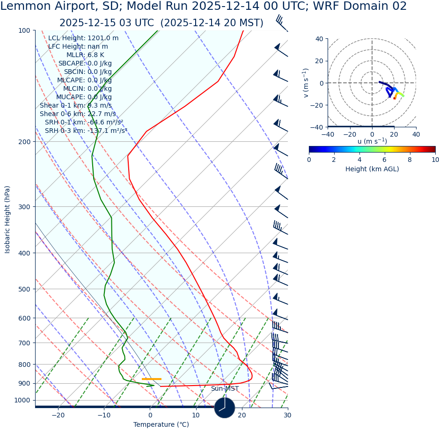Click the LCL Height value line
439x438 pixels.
pos(83,38)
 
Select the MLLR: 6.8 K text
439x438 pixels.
pos(85,55)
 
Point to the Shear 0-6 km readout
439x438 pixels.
pos(78,114)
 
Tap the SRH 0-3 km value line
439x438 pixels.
pos(86,131)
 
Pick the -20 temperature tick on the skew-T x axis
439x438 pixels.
pos(58,416)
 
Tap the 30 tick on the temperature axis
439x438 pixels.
pos(287,416)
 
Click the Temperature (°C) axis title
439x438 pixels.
pos(161,425)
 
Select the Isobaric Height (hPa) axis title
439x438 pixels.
pos(7,219)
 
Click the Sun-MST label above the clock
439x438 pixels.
pos(225,389)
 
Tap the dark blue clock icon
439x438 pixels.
pos(225,408)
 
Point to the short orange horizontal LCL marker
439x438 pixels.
pos(152,379)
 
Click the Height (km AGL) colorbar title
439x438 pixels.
pos(372,169)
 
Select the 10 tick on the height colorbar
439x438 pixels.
pos(435,160)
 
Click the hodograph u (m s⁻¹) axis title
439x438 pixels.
pos(372,141)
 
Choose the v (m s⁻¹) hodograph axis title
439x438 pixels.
pos(306,83)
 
